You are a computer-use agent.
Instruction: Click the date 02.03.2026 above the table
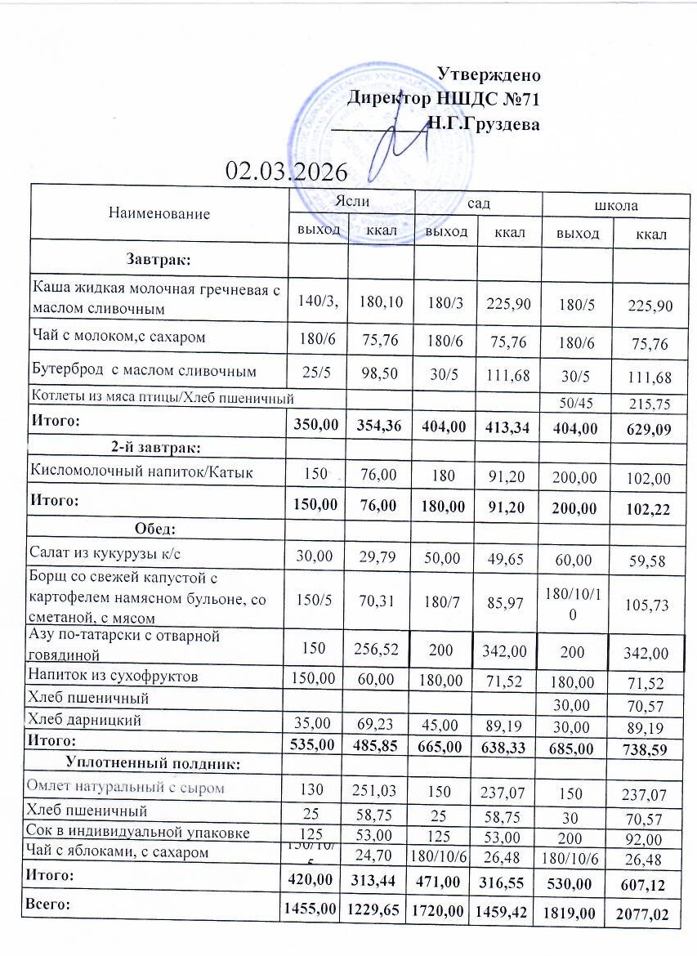287,172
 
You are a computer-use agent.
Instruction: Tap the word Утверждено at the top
489,74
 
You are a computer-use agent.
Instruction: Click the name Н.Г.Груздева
484,125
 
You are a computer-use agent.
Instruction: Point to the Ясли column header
351,200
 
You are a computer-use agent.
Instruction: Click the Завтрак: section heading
159,259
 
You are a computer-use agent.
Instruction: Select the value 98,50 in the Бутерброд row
382,372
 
